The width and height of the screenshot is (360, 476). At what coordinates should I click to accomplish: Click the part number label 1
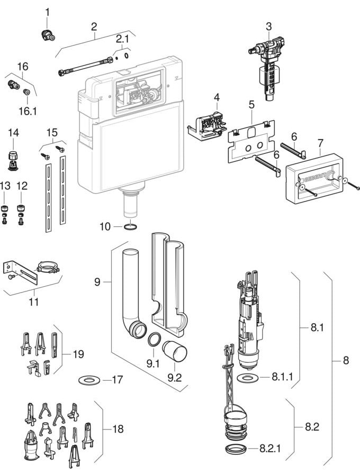point(47,12)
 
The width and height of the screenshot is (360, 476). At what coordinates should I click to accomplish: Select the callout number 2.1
point(122,39)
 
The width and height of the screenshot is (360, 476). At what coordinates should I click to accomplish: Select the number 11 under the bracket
point(34,303)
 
